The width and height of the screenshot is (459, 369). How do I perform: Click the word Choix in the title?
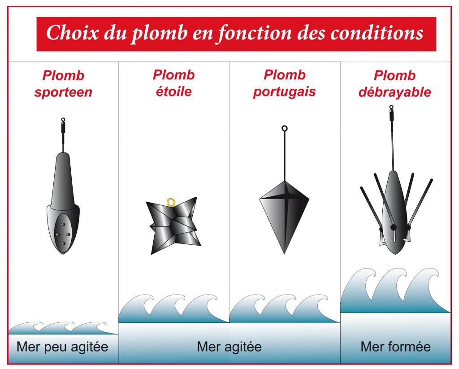[72, 32]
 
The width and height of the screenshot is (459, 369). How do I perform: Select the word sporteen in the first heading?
[63, 92]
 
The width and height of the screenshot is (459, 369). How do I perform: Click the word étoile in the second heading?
[174, 91]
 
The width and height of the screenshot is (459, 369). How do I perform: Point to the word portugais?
[284, 92]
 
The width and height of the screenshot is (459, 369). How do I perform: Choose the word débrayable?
[394, 92]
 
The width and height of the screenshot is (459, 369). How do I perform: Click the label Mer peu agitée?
[62, 347]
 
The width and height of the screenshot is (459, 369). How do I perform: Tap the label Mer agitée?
[229, 347]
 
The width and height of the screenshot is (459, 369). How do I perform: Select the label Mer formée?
[395, 347]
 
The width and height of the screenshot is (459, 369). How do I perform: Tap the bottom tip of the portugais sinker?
[284, 254]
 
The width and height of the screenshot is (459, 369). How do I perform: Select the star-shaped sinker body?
[174, 226]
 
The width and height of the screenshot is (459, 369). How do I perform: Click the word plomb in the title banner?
[160, 33]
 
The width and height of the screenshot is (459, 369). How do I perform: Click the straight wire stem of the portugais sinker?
[284, 156]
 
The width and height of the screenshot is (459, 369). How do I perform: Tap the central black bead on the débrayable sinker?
[394, 227]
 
